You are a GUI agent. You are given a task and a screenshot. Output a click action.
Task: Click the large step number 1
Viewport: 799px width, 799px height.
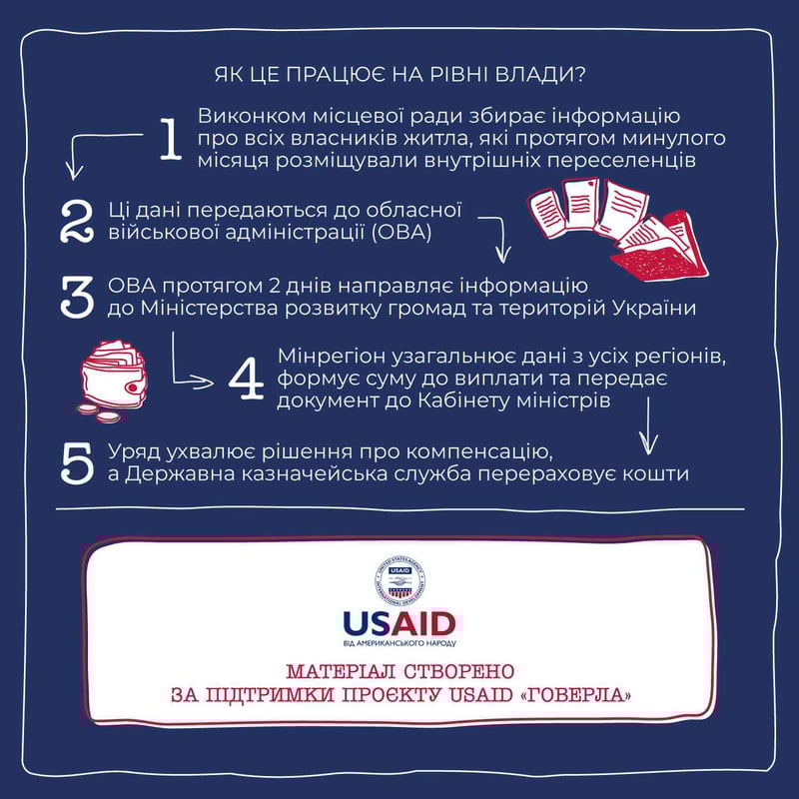click(x=171, y=139)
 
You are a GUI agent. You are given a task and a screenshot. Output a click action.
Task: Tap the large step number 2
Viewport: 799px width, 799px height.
click(x=77, y=221)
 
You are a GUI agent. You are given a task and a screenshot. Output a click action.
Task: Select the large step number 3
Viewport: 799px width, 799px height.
click(x=77, y=297)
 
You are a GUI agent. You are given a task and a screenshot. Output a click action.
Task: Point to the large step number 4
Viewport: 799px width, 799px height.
click(x=247, y=379)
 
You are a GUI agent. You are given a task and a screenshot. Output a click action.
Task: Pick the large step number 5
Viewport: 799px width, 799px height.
click(x=77, y=462)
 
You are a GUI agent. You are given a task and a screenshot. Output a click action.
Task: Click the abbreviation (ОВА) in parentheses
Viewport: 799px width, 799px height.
click(x=401, y=233)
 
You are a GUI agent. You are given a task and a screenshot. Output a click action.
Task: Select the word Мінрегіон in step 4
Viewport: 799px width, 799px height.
click(x=332, y=357)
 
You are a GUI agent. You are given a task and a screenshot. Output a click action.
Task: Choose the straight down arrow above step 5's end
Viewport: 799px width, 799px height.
click(x=648, y=426)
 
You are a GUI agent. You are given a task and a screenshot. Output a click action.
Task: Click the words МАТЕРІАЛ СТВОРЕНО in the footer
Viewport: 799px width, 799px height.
click(x=400, y=671)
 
